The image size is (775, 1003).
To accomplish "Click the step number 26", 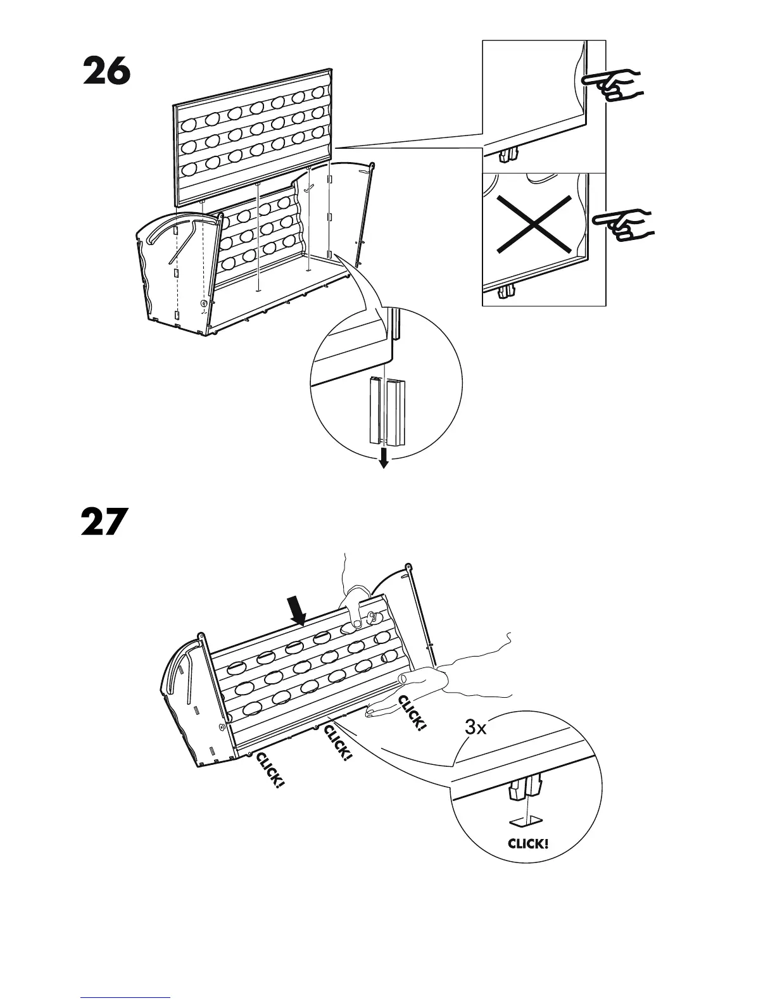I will pos(106,72).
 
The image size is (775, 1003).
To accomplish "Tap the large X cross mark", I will pos(533,224).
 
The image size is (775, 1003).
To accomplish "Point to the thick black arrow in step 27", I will pos(297,610).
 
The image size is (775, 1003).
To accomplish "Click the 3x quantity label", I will pos(476,728).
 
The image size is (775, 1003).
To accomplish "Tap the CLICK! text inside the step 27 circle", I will pos(528,843).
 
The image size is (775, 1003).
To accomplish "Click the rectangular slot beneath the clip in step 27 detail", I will pos(526,822).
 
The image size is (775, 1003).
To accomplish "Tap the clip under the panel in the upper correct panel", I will pos(510,154).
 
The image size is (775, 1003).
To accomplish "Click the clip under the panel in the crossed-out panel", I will pos(507,291).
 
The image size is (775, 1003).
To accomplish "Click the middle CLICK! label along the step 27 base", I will pos(337,743).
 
